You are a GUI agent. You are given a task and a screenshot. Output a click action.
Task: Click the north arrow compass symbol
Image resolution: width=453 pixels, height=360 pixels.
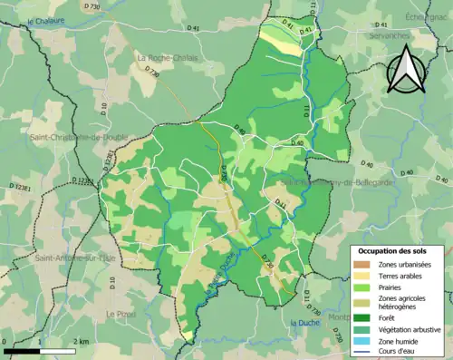pyautogui.click(x=406, y=69)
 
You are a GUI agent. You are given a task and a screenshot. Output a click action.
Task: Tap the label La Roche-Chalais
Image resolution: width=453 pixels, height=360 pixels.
pyautogui.click(x=166, y=58)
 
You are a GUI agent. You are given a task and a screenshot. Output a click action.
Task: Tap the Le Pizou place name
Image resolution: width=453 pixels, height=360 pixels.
pyautogui.click(x=120, y=314)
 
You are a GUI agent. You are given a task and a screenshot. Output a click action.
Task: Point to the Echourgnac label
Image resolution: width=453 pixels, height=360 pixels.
pyautogui.click(x=428, y=15)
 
